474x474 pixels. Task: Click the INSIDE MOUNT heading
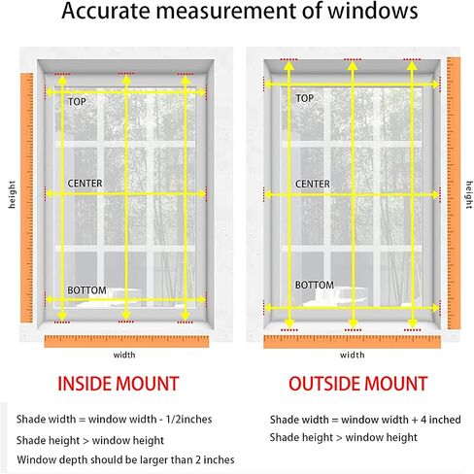[x=118, y=384]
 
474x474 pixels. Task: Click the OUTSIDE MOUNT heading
[x=357, y=384]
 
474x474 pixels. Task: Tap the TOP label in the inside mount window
[x=77, y=102]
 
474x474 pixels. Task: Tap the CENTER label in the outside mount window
[x=313, y=184]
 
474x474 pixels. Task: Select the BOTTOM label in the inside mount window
[x=86, y=290]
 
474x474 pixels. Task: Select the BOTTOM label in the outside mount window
[x=315, y=285]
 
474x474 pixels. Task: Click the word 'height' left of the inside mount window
[x=12, y=194]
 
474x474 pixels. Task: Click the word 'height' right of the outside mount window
[x=469, y=194]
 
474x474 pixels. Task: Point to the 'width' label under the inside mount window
[x=124, y=355]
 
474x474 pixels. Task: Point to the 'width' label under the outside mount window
[x=353, y=355]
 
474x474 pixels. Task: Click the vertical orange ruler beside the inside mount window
[x=27, y=198]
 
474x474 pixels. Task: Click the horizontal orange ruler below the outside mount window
[x=353, y=342]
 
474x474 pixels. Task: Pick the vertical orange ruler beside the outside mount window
[x=454, y=193]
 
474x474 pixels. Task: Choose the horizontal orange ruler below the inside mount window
[x=126, y=342]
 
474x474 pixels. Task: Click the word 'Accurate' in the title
[x=106, y=11]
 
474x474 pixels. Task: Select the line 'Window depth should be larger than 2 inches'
[x=125, y=459]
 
